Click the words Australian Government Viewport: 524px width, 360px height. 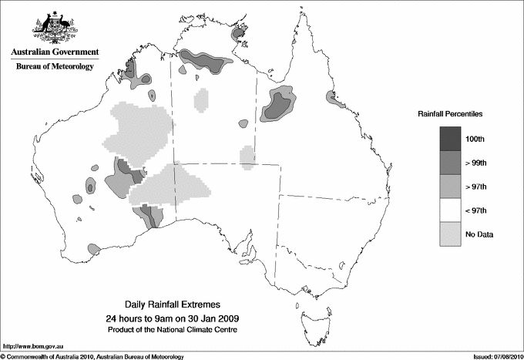(54, 52)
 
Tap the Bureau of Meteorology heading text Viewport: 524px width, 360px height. (54, 67)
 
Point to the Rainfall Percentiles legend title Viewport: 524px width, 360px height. (450, 114)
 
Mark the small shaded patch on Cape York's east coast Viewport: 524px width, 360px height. (331, 98)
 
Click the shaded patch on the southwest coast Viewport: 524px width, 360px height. (93, 250)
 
